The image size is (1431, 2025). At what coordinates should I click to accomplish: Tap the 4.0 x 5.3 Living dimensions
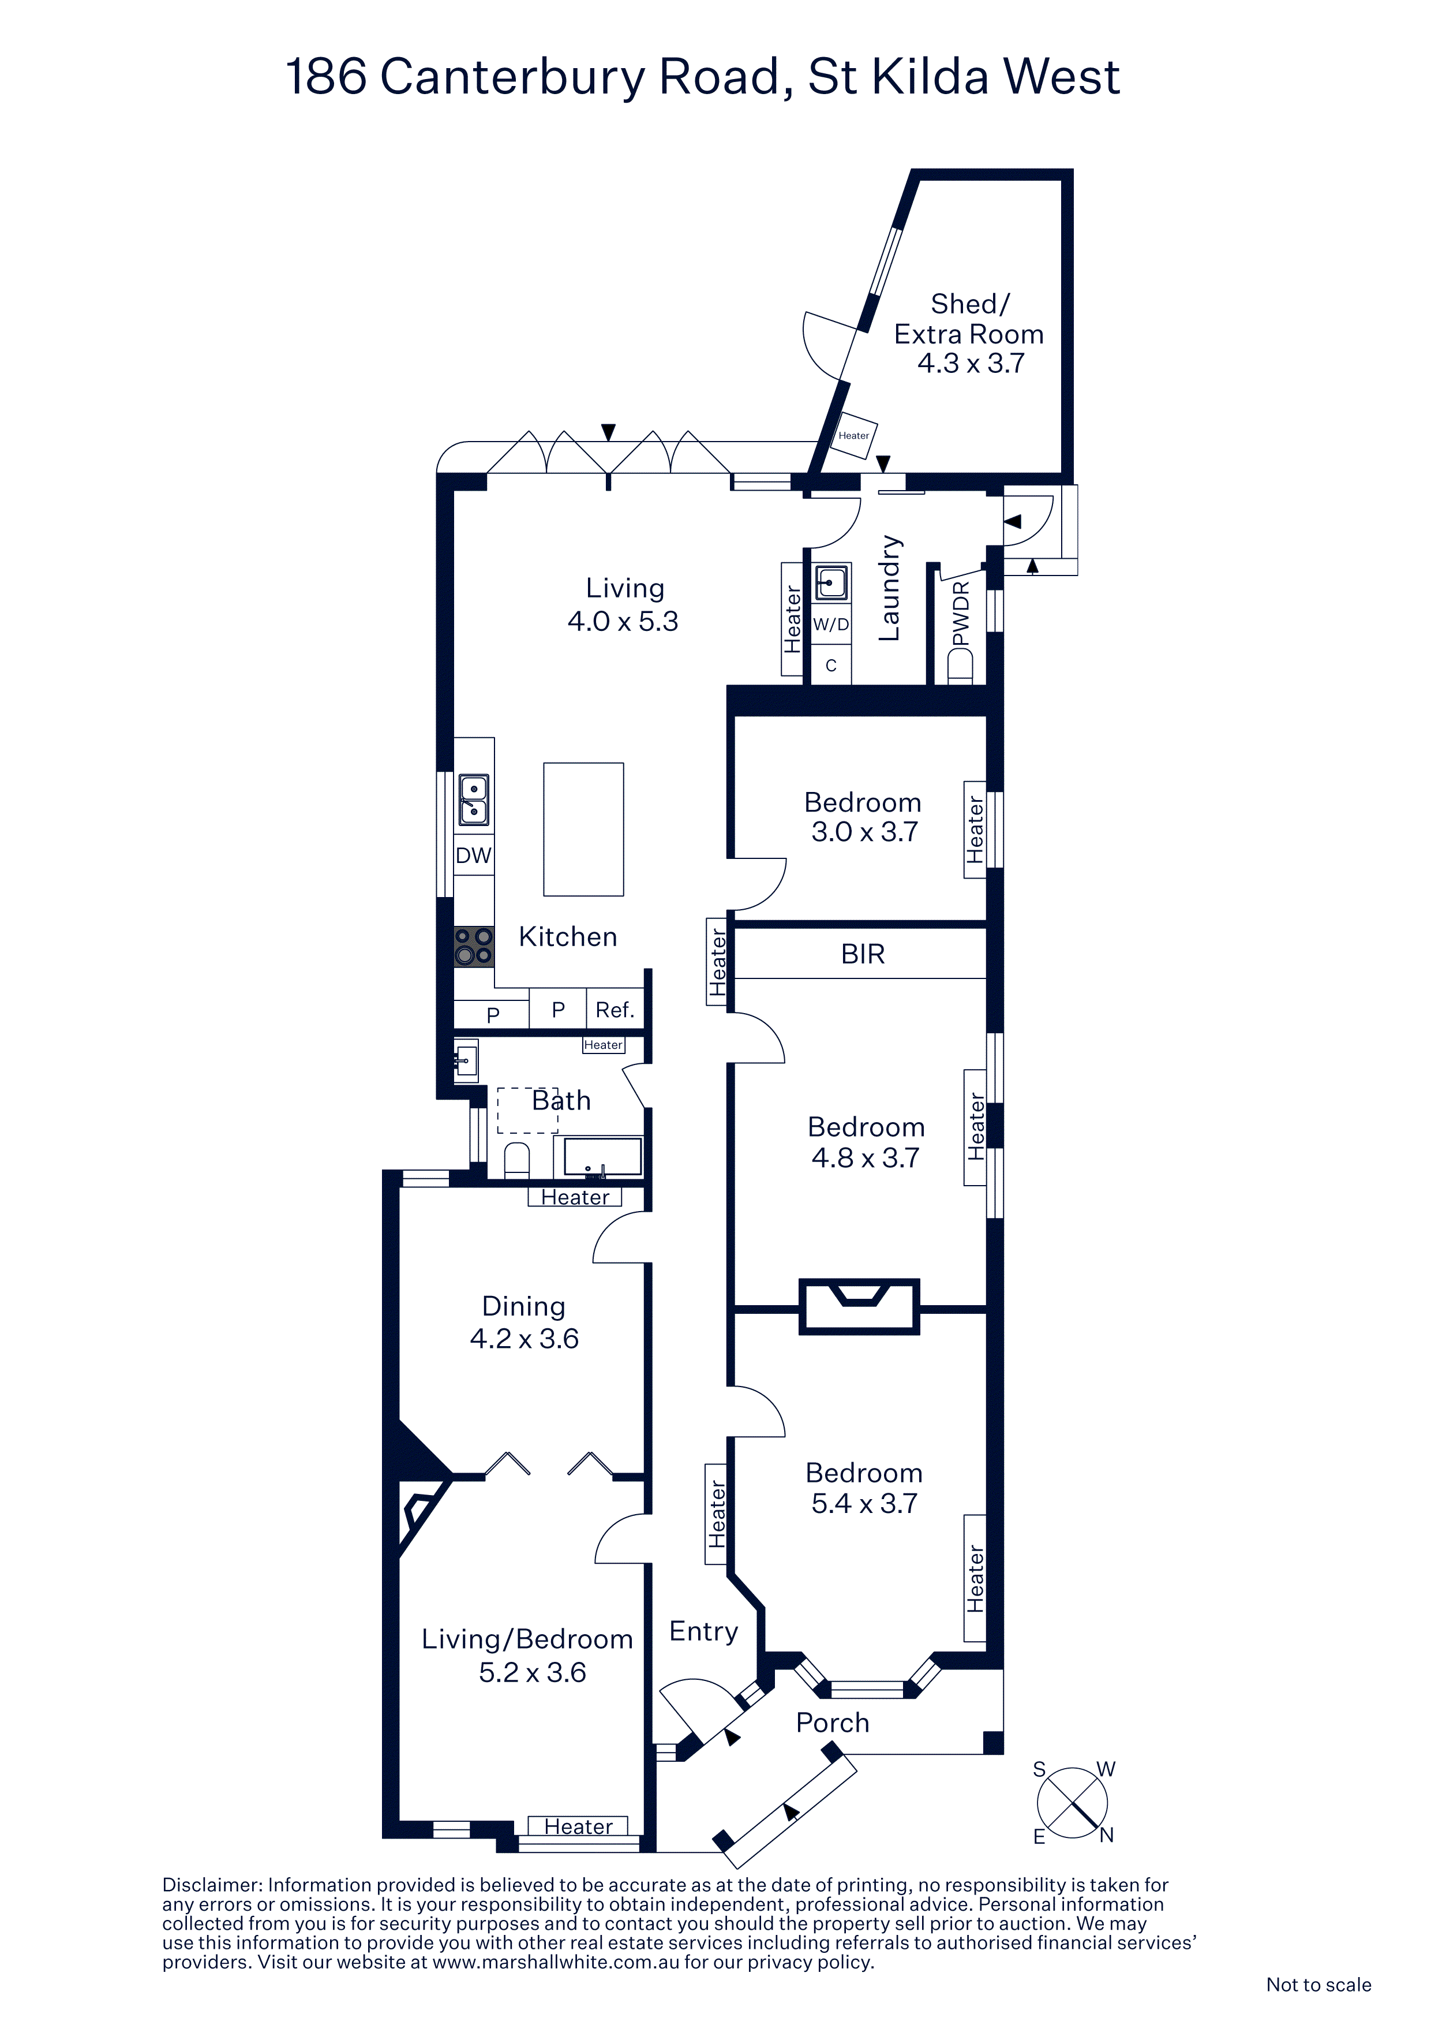tap(623, 621)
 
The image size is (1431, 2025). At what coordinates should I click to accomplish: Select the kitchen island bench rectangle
tap(584, 829)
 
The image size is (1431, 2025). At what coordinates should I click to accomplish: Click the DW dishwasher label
tap(474, 855)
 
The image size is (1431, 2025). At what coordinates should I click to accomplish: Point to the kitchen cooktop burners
tap(474, 946)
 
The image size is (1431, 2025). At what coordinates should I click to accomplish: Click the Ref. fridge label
tap(615, 1010)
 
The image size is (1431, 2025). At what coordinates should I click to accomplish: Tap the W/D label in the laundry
tap(830, 625)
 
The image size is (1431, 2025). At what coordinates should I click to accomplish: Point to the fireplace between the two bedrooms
tap(860, 1306)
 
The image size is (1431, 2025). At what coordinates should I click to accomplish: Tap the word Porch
tap(832, 1723)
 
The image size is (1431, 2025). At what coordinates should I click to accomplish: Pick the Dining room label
tap(524, 1306)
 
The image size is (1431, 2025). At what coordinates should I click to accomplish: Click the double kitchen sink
tap(474, 800)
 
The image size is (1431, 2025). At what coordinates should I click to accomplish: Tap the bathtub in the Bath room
tap(603, 1156)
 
